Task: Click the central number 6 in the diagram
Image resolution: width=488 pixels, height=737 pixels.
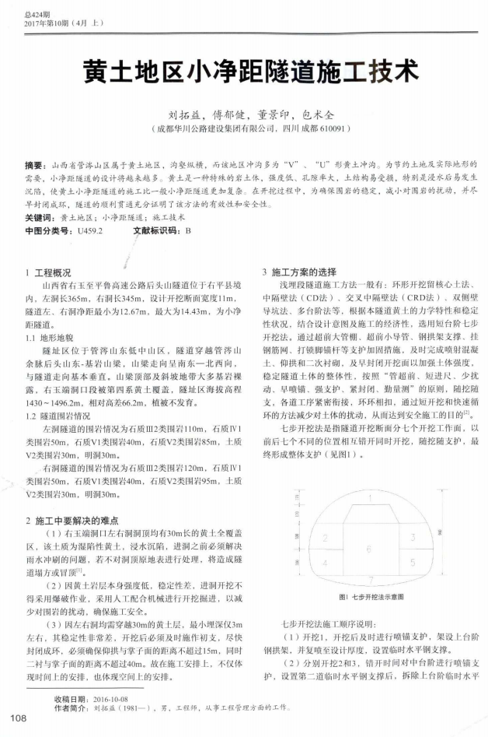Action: (368, 548)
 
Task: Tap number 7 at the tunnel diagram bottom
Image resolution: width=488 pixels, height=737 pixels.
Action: (368, 579)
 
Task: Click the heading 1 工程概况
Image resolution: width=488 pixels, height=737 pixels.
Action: (49, 273)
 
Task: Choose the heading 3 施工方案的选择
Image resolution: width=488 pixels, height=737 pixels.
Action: (298, 273)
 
